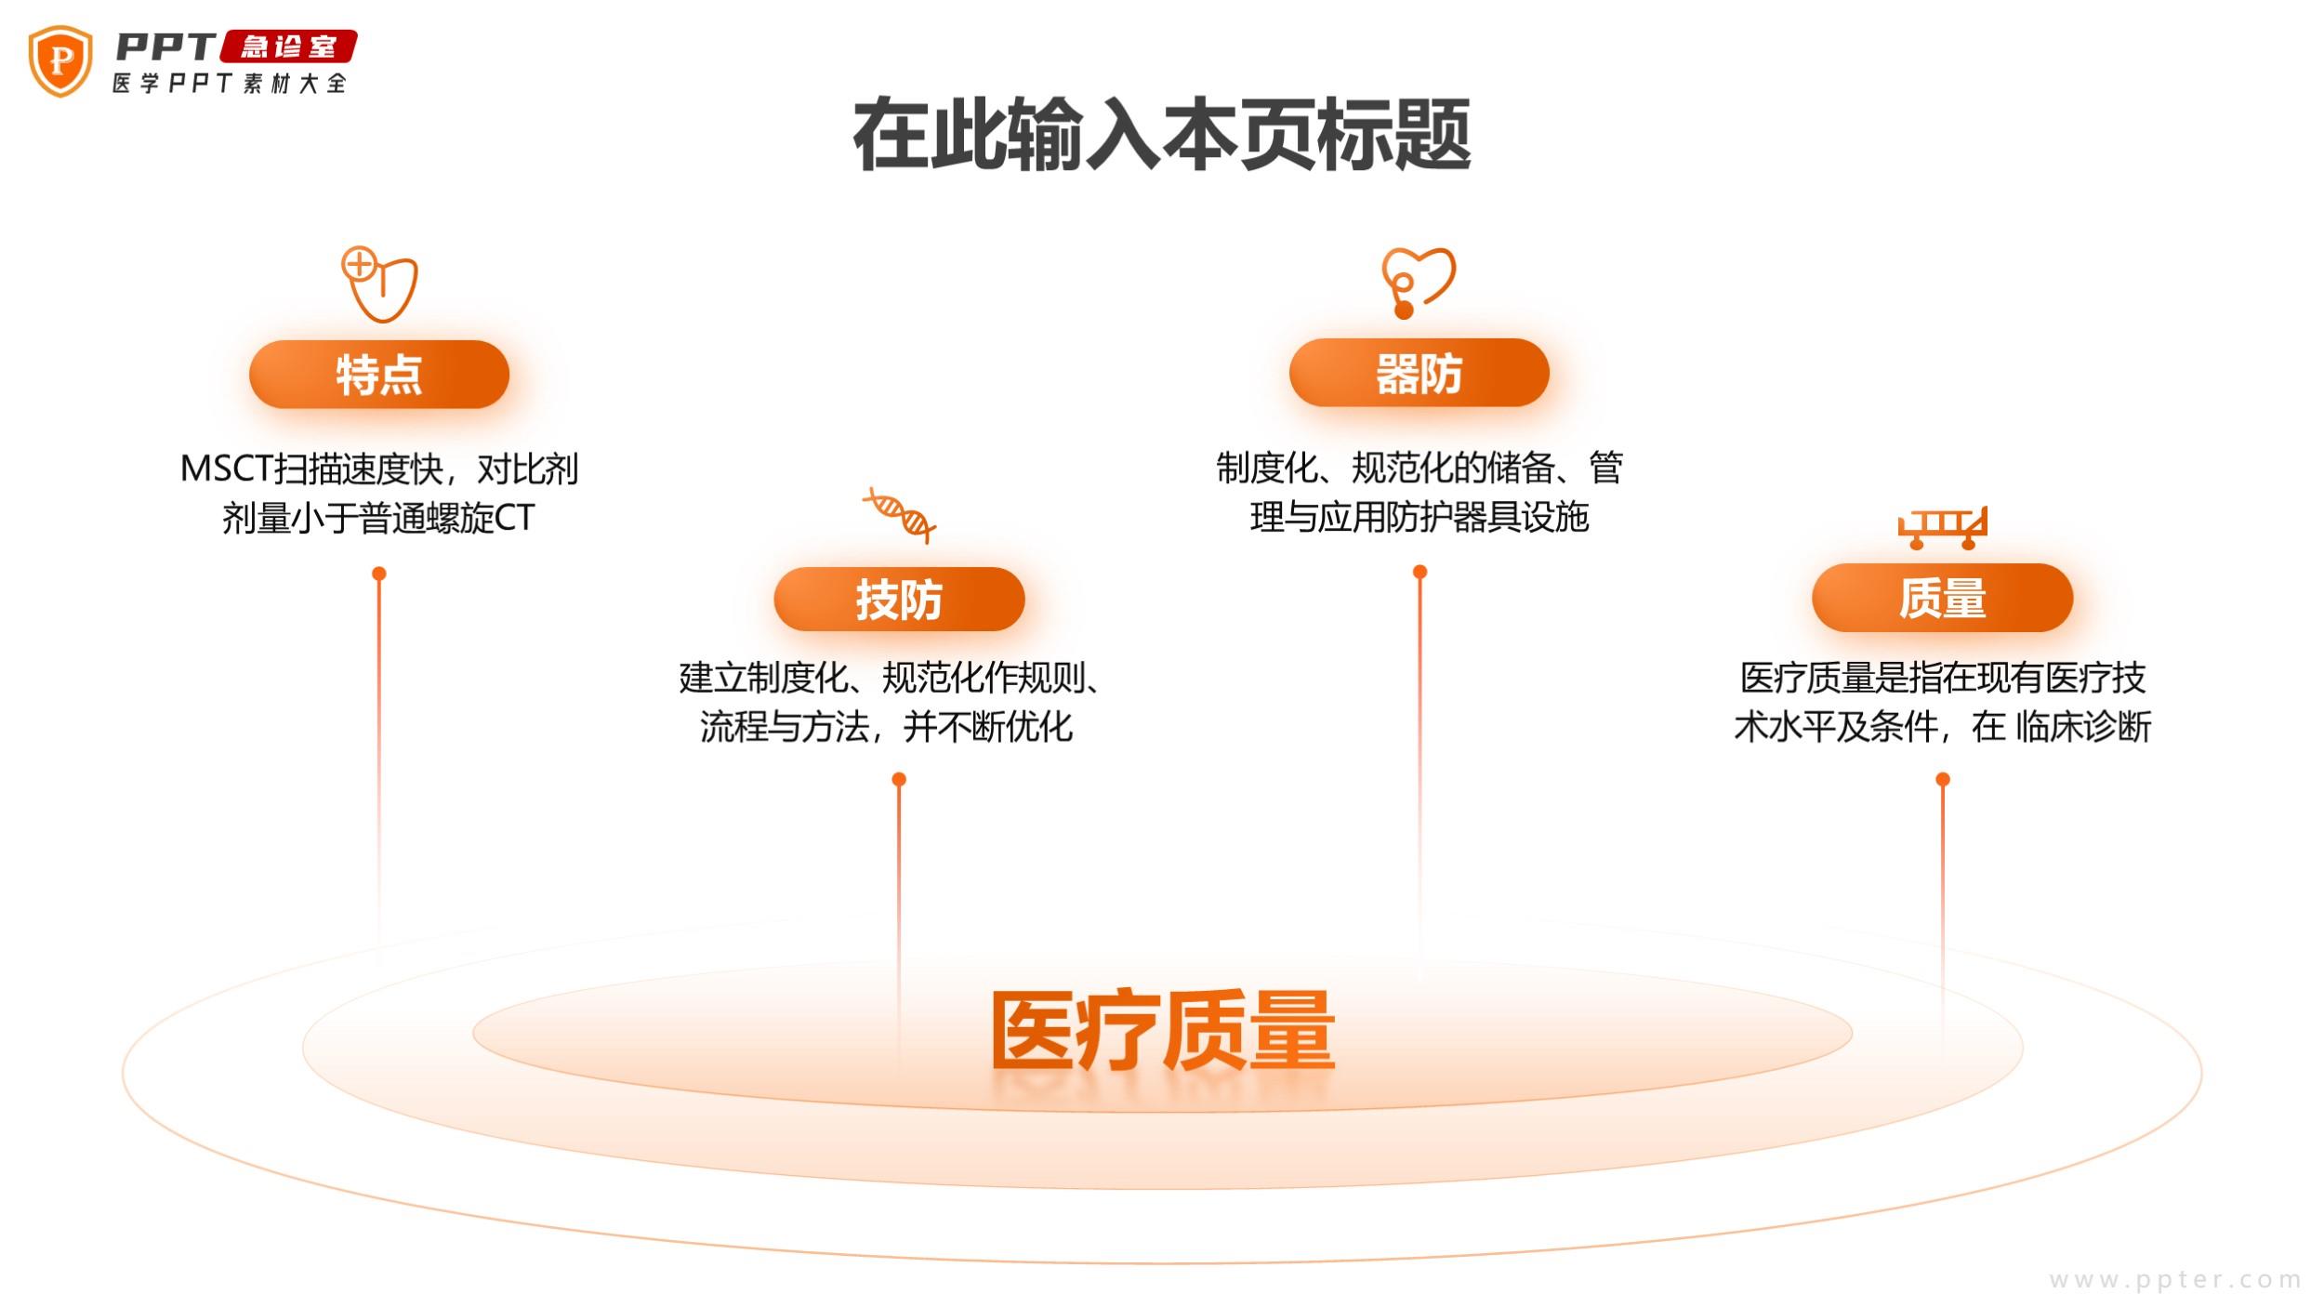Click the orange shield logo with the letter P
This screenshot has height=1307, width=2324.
pos(60,60)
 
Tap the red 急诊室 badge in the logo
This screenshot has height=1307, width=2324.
pos(288,46)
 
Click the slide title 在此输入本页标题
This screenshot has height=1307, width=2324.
pos(1162,135)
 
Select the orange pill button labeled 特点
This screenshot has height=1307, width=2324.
pos(379,375)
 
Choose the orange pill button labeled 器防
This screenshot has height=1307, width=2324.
pos(1419,373)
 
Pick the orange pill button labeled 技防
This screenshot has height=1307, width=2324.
pos(899,600)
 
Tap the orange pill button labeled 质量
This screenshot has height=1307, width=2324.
pos(1942,598)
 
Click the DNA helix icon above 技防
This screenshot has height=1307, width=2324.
pos(899,514)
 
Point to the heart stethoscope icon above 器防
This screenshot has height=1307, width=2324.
pos(1418,282)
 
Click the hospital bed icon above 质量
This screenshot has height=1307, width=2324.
pos(1942,527)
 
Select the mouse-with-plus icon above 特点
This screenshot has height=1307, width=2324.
pos(379,284)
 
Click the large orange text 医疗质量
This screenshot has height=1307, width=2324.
pos(1162,1032)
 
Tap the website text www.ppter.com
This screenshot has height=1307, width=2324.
pos(2175,1279)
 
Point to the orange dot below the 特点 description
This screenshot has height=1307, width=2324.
pos(379,574)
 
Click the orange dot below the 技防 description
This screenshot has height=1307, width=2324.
pos(899,779)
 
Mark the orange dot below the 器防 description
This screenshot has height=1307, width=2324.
pos(1419,572)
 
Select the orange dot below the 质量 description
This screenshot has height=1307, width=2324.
pos(1943,779)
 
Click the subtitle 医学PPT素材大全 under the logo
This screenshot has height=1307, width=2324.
pos(230,84)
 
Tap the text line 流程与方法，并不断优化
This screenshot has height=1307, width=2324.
pos(886,727)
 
